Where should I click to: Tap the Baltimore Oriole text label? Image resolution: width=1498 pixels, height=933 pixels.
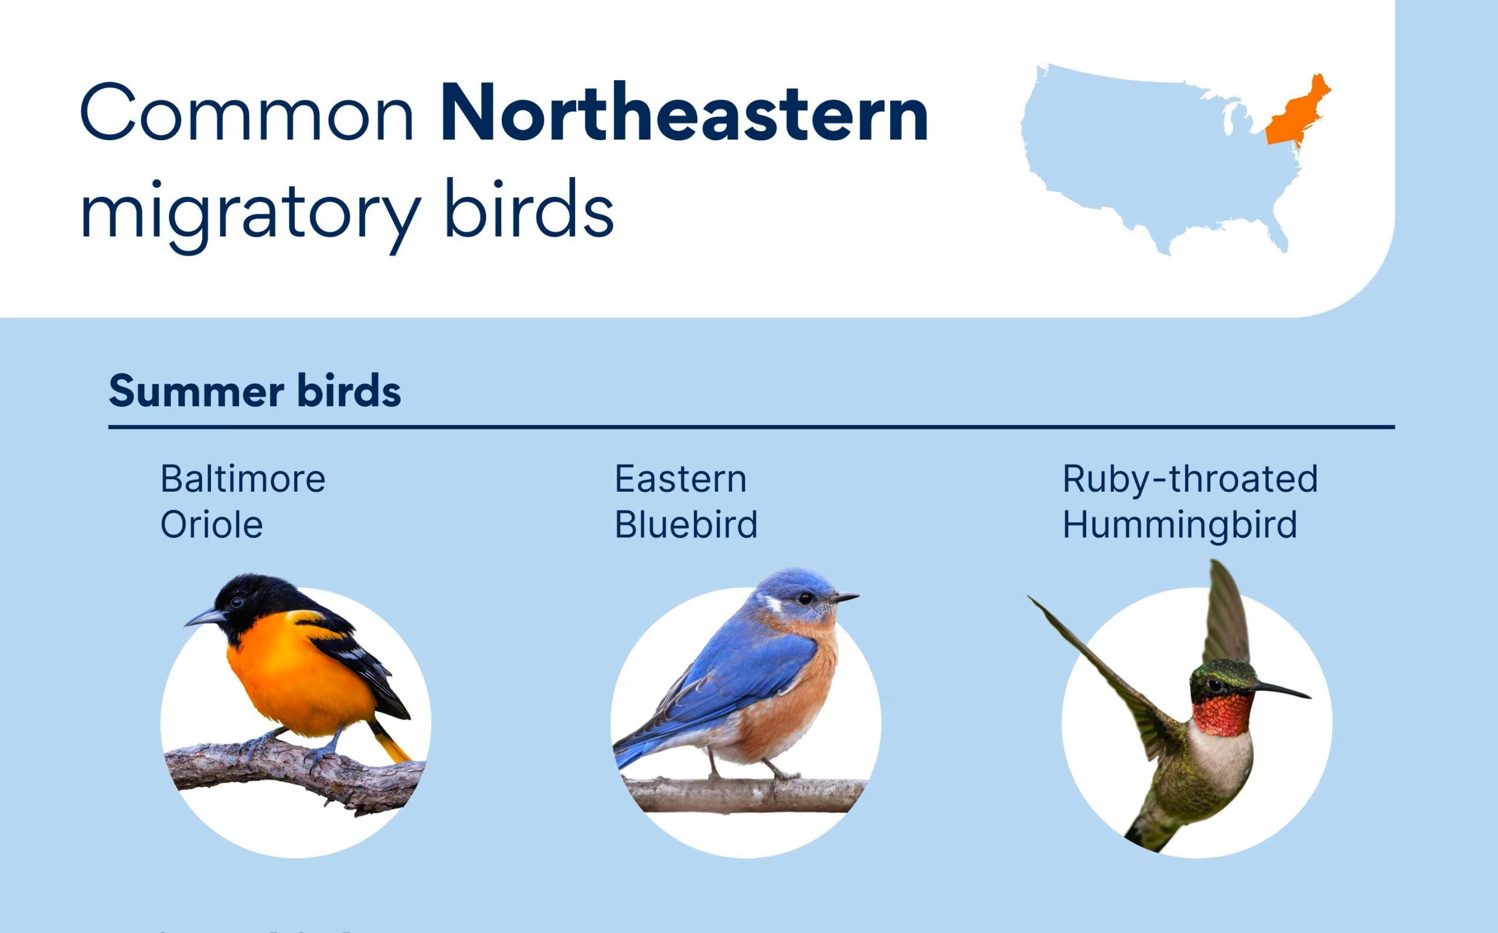click(x=242, y=501)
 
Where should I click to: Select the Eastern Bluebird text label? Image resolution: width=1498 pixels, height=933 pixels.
click(x=686, y=501)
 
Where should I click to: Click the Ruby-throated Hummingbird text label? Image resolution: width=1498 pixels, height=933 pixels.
click(x=1189, y=501)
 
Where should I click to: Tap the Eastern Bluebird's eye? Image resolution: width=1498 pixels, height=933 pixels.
click(x=804, y=598)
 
